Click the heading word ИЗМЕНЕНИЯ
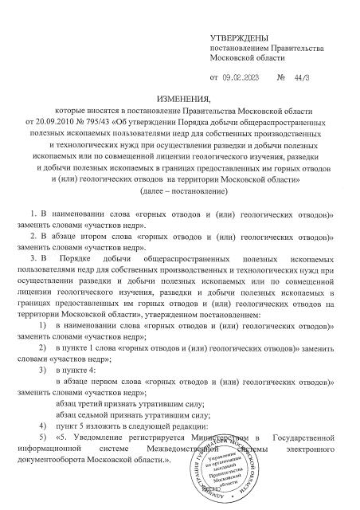pos(179,96)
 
